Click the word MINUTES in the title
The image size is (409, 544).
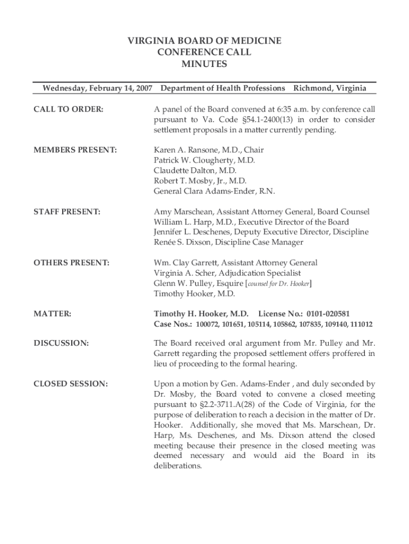tap(204, 64)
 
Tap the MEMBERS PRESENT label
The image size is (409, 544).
tap(75, 150)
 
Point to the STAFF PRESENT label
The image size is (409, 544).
tap(66, 212)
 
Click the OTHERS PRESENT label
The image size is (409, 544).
tap(71, 263)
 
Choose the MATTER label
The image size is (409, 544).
tap(52, 314)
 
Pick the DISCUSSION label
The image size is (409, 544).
tap(61, 343)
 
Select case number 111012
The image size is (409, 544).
tap(360, 324)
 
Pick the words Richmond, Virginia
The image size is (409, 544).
tap(335, 88)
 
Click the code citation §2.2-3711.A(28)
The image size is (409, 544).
tap(226, 404)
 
